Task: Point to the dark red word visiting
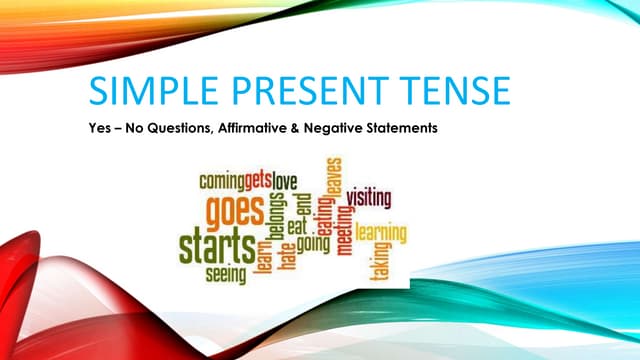tap(369, 198)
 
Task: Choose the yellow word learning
tap(380, 234)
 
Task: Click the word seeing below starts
tap(227, 272)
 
